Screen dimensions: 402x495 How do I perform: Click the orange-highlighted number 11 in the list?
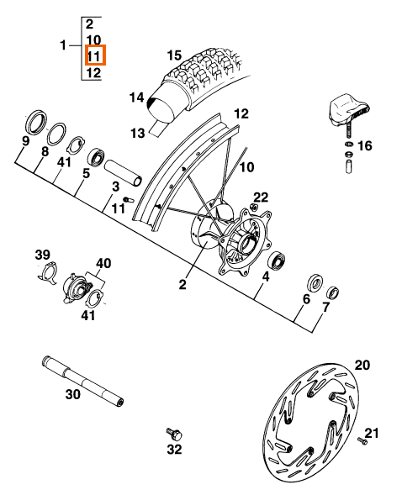click(x=93, y=56)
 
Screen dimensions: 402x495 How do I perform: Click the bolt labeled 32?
click(x=174, y=434)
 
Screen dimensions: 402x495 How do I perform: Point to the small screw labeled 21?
click(x=362, y=440)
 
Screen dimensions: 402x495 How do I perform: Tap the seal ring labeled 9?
click(x=36, y=121)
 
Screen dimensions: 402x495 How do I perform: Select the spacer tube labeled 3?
click(x=123, y=173)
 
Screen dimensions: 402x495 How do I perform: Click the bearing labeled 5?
click(x=96, y=156)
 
